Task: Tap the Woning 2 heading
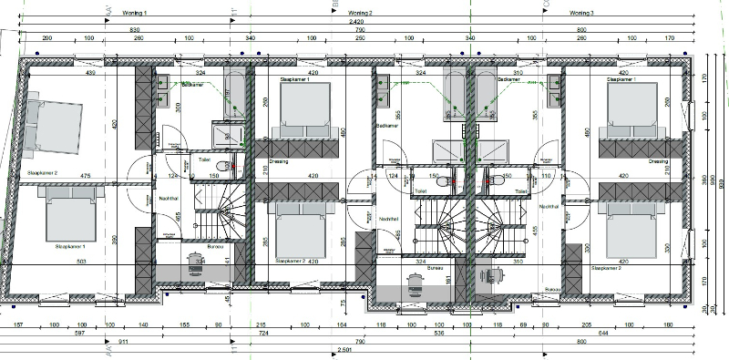(360, 13)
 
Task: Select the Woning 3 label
(580, 13)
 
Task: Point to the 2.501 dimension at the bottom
(344, 351)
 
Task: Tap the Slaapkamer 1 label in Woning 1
(70, 246)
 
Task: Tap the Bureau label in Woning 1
(215, 247)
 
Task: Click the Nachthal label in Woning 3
(549, 208)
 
